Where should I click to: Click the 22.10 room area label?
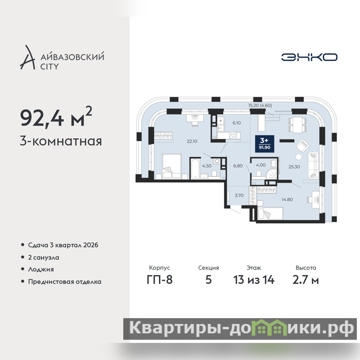[192, 141]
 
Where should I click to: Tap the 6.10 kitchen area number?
[237, 123]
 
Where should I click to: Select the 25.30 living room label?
[294, 166]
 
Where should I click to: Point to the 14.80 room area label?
[287, 199]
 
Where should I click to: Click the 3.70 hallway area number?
[239, 196]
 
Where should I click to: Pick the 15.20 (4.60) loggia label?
[260, 105]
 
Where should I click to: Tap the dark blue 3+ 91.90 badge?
[265, 144]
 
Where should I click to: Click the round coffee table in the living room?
[299, 157]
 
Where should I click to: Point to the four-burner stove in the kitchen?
[233, 135]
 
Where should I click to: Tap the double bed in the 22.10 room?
[172, 166]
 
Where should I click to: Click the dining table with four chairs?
[297, 125]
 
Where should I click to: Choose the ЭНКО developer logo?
[309, 57]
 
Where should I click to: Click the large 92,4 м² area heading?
[56, 117]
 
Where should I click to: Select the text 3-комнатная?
[61, 141]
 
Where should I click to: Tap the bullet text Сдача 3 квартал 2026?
[63, 245]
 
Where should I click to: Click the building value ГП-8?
[160, 280]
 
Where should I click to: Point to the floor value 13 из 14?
[254, 280]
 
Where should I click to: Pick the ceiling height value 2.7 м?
[306, 280]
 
